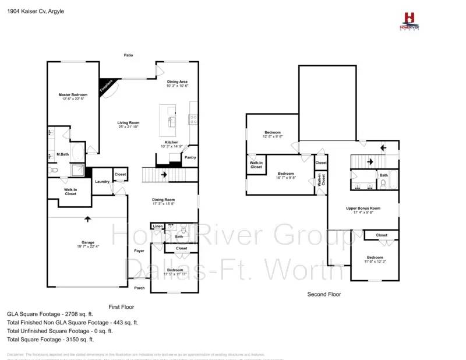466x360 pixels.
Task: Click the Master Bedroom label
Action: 73,94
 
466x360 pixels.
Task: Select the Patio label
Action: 128,55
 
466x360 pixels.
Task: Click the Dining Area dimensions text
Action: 178,86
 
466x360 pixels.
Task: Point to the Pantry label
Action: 190,157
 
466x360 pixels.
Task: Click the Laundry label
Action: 102,182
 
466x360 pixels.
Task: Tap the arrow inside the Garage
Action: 88,219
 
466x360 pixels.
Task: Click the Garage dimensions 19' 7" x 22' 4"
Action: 87,246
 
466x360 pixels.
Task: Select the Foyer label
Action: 139,251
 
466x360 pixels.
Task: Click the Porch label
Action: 139,288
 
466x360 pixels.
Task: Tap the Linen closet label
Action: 157,226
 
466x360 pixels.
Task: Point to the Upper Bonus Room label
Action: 362,208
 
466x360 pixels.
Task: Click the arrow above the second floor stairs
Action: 383,147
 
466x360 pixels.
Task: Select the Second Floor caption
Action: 324,295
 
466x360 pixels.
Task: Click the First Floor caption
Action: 122,306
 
